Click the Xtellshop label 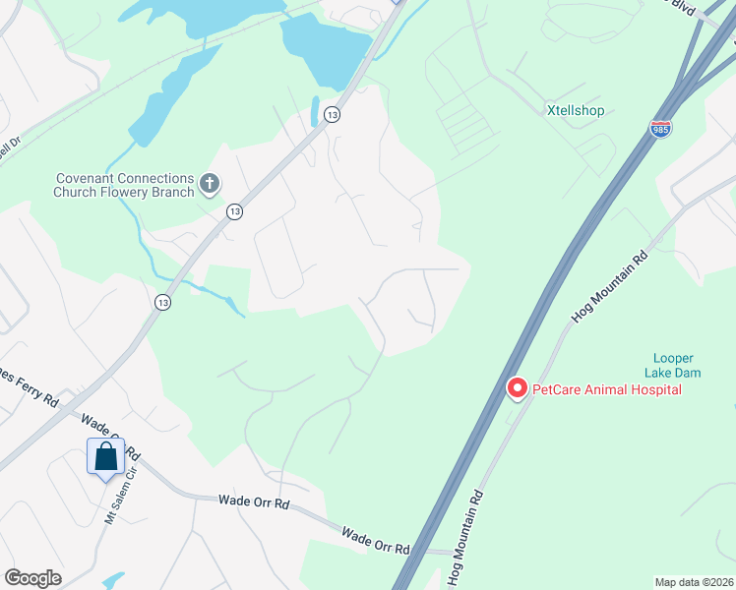click(x=576, y=111)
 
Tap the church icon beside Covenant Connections click(x=209, y=183)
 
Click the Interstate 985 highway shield click(x=660, y=129)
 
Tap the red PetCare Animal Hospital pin click(x=516, y=389)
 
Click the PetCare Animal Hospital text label click(x=606, y=389)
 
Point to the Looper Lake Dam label click(x=674, y=365)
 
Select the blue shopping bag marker click(x=105, y=457)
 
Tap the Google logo click(x=32, y=578)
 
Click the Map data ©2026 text click(x=694, y=582)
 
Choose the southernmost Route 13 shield click(x=161, y=303)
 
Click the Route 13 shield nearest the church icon click(x=234, y=211)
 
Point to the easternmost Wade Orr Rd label click(x=375, y=542)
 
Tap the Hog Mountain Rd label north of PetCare click(x=610, y=286)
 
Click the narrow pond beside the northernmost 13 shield click(x=315, y=111)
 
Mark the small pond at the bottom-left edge click(x=112, y=581)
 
